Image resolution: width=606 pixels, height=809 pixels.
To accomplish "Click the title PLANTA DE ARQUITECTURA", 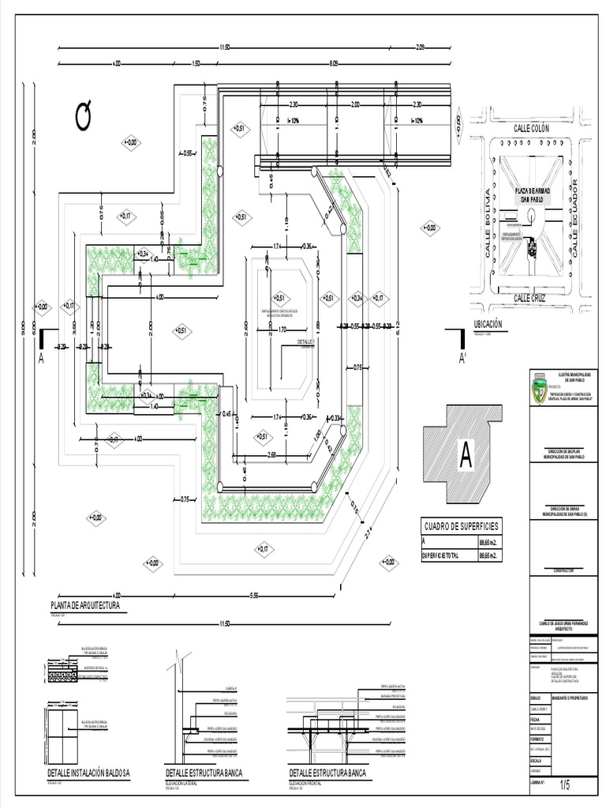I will coord(84,606).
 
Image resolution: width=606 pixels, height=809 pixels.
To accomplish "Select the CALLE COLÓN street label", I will coord(531,128).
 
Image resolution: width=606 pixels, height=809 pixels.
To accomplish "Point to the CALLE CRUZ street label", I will coord(529,298).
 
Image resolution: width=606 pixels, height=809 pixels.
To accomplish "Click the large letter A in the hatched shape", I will coord(466,455).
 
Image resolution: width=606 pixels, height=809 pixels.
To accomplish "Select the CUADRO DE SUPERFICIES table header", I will coord(462,527).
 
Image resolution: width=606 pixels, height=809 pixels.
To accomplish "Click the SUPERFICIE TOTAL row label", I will coord(448,556).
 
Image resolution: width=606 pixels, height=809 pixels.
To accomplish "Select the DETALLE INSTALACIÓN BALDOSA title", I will coord(88,772).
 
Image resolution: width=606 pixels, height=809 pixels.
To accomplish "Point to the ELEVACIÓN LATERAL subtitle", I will coord(181,782).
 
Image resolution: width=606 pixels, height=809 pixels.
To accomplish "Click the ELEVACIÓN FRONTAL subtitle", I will coord(305,782).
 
